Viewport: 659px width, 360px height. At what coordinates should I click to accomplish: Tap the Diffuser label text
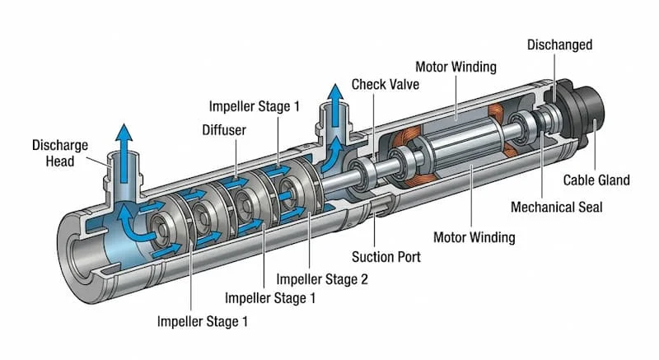(x=223, y=130)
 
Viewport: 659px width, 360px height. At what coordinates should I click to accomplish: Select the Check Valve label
(x=385, y=84)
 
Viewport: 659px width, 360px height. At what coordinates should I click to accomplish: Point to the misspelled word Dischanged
(x=559, y=44)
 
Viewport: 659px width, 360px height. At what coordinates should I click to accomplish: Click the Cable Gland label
(x=596, y=180)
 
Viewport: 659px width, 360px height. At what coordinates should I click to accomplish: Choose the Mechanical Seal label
(x=556, y=207)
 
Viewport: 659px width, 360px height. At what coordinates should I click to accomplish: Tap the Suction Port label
(x=386, y=257)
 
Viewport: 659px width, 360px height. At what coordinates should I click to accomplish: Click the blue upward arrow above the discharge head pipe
(x=123, y=141)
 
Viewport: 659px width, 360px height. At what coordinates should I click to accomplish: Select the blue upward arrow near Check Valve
(x=335, y=102)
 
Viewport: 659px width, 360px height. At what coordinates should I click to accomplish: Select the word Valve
(x=403, y=84)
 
